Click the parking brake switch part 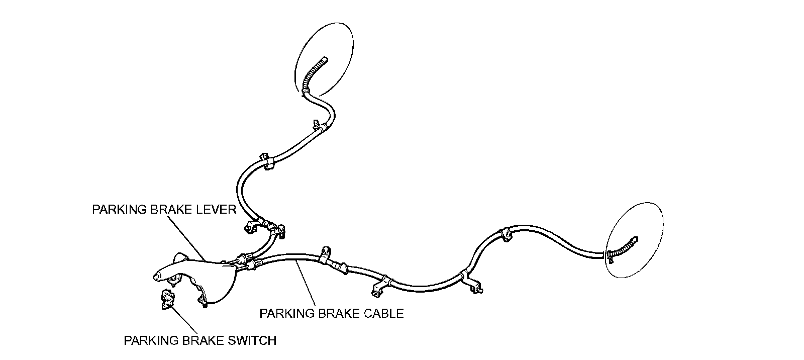click(166, 300)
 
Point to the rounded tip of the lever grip click(156, 276)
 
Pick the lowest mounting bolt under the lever click(205, 304)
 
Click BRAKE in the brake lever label click(170, 210)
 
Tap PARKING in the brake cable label click(282, 314)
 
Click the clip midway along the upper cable click(266, 160)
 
